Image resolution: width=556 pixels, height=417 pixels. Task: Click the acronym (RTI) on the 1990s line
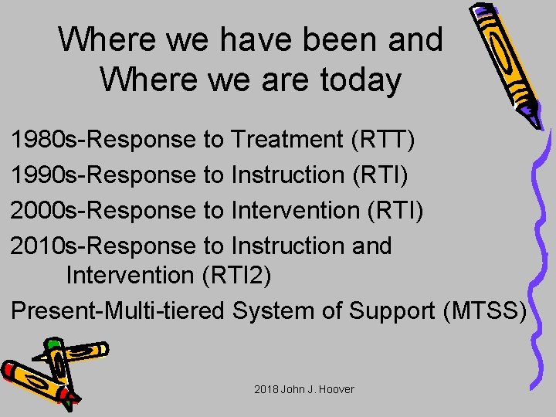point(379,175)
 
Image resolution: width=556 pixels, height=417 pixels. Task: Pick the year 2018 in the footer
point(266,389)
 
